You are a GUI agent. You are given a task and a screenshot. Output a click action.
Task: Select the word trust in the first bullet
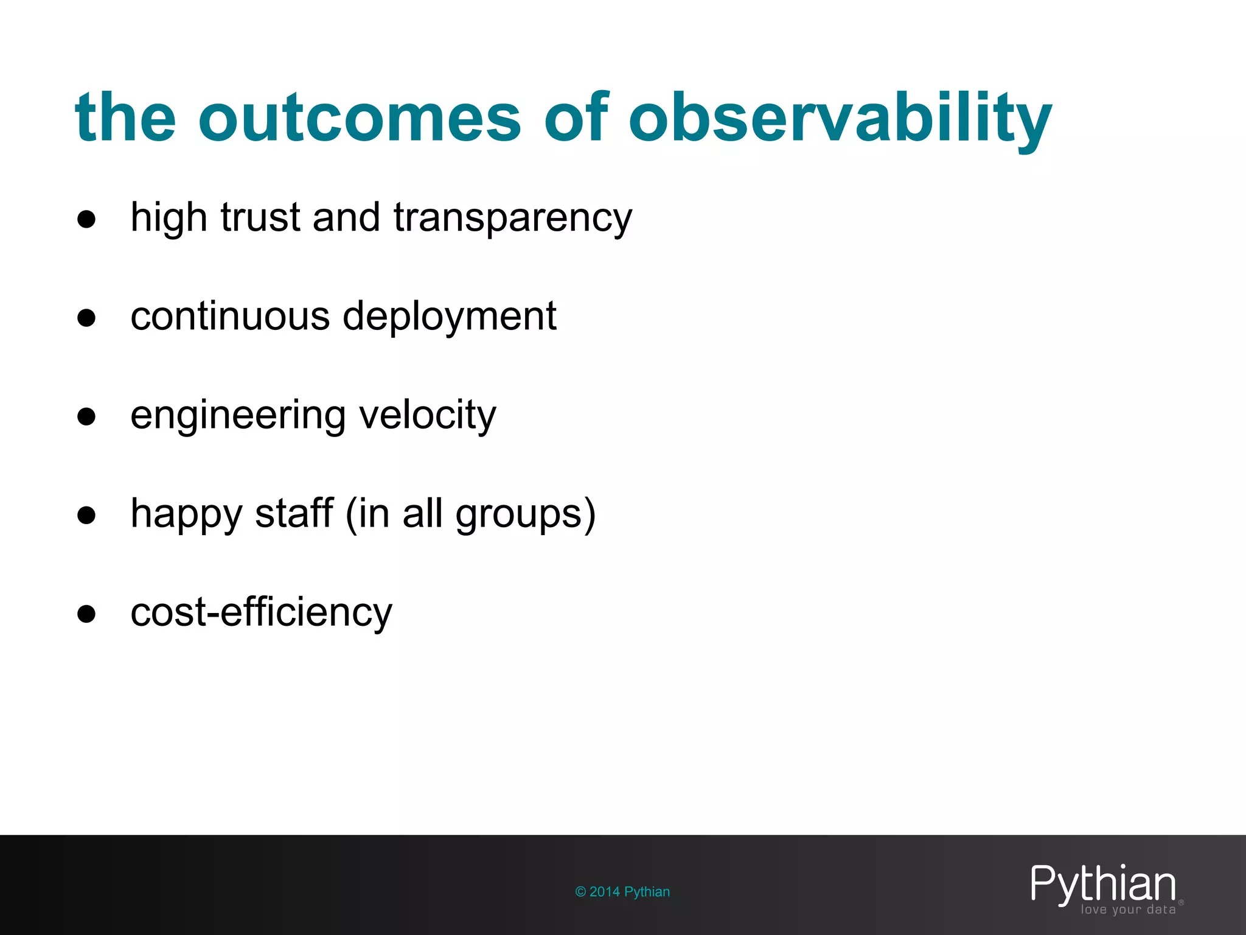pos(260,217)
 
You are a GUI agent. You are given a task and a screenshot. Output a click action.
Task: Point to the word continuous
pos(230,316)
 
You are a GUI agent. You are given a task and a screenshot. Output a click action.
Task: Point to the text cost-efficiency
pos(262,612)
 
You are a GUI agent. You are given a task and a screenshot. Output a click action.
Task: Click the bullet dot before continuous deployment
pos(86,318)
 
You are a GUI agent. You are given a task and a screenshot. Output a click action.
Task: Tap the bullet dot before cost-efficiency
pos(86,614)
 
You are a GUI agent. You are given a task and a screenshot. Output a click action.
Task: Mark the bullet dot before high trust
pos(86,219)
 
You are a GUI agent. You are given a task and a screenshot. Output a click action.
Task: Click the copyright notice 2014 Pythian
pos(622,892)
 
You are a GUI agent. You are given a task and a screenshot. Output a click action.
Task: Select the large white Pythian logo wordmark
pos(1102,884)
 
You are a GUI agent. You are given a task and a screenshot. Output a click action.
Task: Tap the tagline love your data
pos(1128,910)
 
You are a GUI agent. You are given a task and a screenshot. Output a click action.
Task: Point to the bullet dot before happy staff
pos(86,515)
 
